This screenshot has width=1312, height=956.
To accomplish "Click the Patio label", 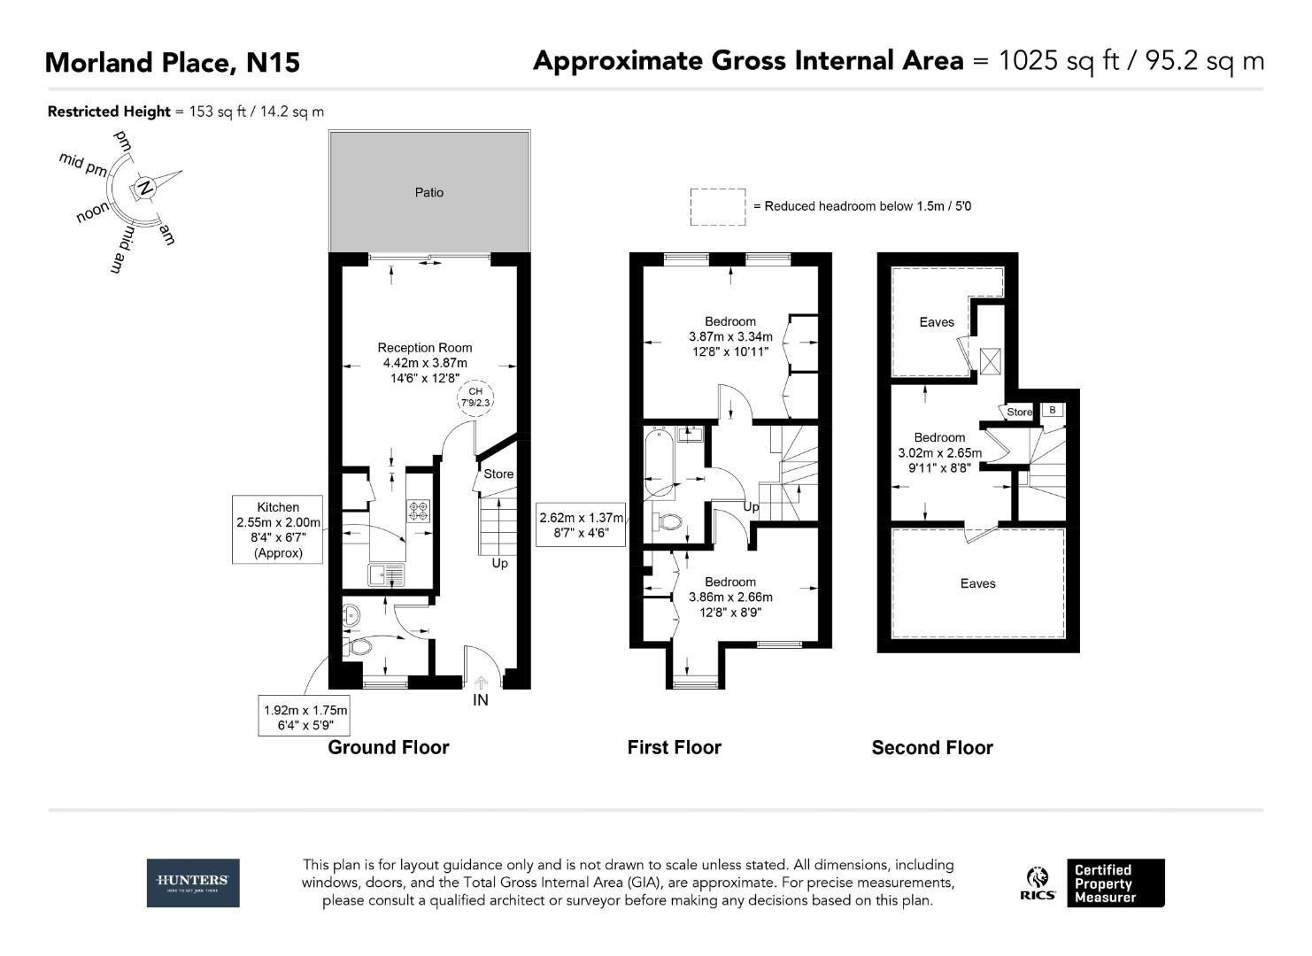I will click(429, 192).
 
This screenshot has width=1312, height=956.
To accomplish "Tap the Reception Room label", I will click(425, 348).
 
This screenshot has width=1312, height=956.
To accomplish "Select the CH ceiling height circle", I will click(475, 397).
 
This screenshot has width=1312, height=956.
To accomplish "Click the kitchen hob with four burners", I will click(418, 511).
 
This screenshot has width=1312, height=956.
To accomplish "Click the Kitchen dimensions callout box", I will click(278, 530).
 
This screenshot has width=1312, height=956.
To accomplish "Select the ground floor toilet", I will click(359, 647).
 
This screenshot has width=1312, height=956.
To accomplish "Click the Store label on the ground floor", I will click(498, 474).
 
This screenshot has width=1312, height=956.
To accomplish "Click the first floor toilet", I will click(669, 521).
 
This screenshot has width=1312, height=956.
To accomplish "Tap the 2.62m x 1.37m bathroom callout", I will click(582, 525).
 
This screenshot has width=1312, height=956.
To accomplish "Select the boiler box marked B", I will click(1053, 410).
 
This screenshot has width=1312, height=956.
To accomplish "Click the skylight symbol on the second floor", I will click(990, 361).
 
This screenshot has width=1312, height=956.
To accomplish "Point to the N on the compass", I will click(145, 188).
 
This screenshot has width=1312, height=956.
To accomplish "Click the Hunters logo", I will click(193, 883).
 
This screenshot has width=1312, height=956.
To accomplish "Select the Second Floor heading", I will click(932, 748).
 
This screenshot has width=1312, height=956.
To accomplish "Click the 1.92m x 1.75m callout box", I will click(305, 718).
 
